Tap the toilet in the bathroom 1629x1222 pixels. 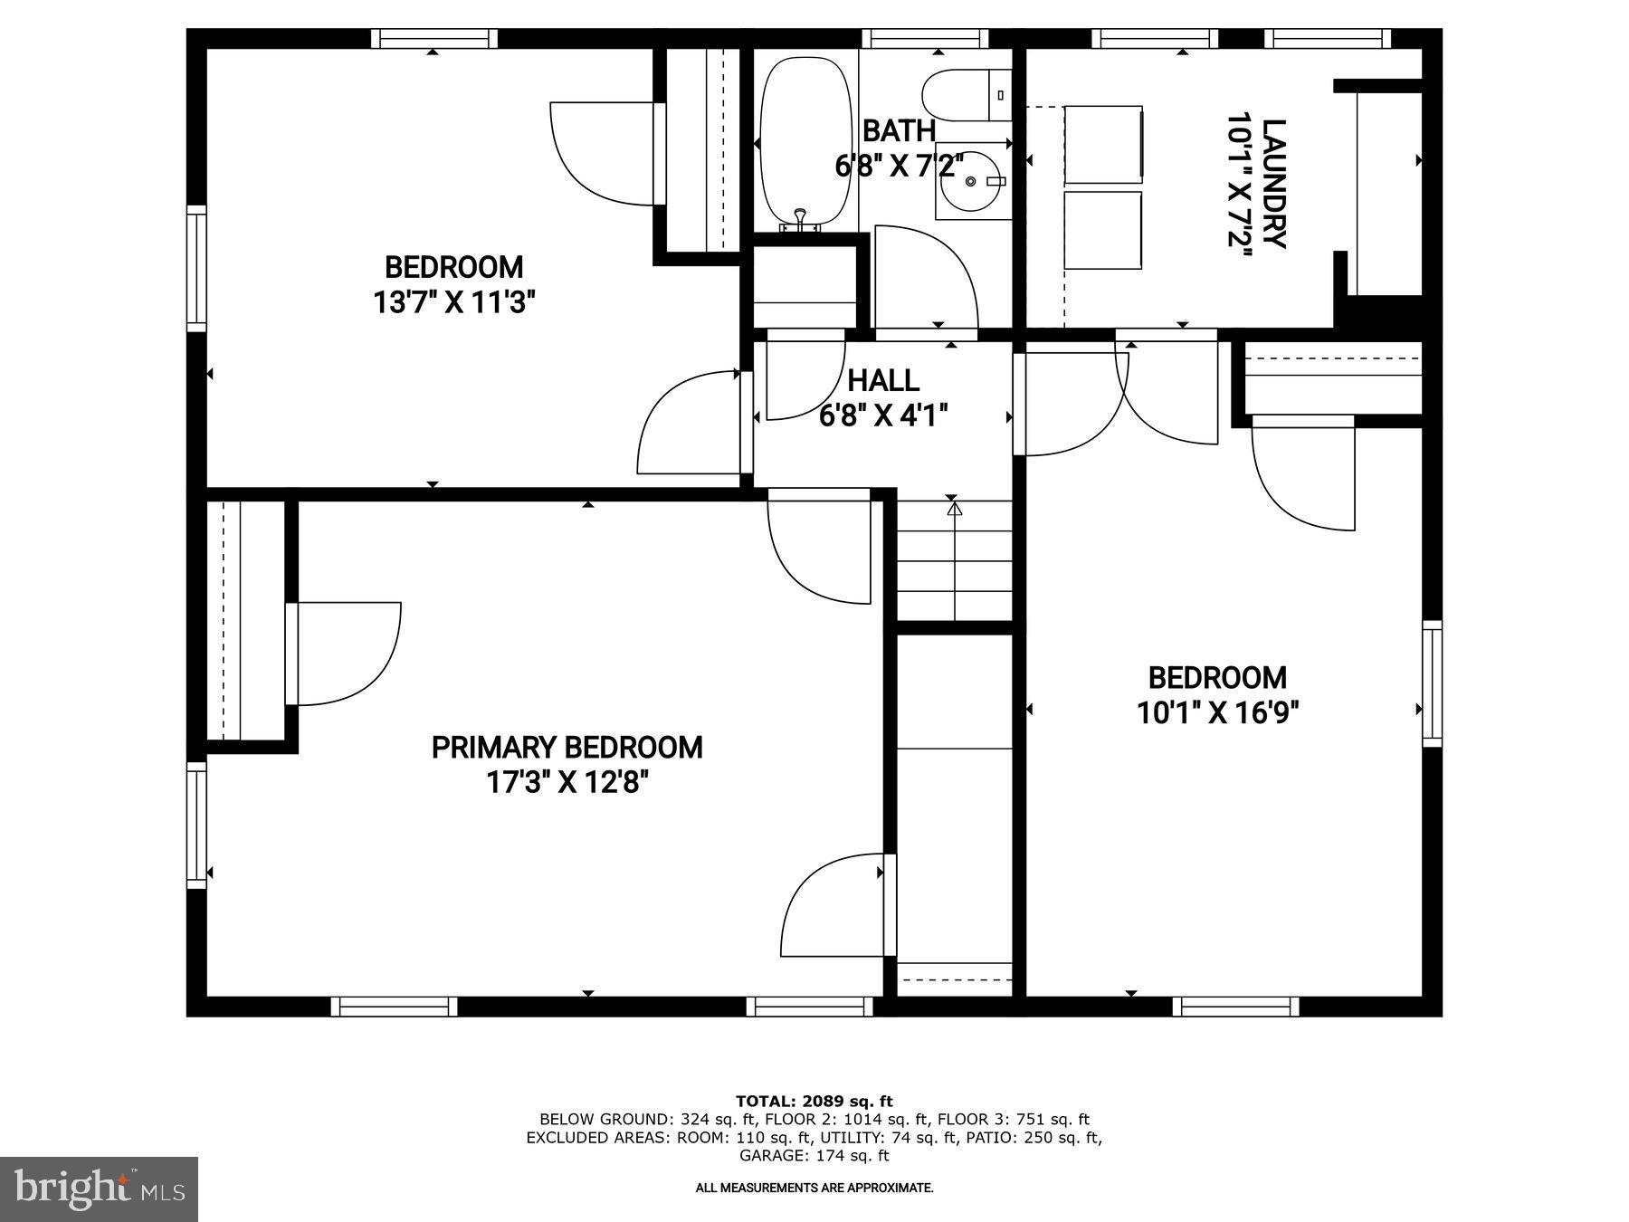pos(965,95)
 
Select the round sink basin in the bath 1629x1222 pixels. pos(971,182)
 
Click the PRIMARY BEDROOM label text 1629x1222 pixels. pos(567,748)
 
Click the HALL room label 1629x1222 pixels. pos(883,380)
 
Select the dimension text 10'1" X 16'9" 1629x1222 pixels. pos(1217,713)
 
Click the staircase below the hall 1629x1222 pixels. pos(955,561)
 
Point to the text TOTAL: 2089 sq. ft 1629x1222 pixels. pos(814,1102)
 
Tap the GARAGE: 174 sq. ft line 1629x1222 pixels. pos(814,1156)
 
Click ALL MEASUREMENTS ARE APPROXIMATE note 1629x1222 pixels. pos(814,1188)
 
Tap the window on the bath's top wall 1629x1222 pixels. pos(923,38)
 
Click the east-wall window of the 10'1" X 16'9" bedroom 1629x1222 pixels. pos(1432,683)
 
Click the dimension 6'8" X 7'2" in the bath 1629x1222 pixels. pos(898,166)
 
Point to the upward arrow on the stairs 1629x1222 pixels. pos(955,511)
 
